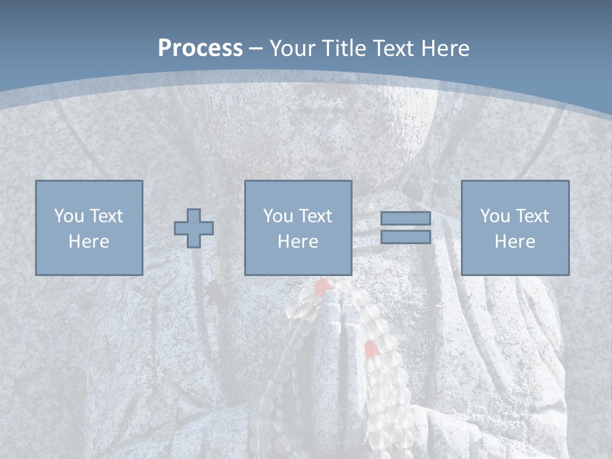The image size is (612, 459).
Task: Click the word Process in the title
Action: click(x=200, y=48)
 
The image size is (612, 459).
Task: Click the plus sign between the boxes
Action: click(x=194, y=228)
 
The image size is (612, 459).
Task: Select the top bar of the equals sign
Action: click(x=405, y=218)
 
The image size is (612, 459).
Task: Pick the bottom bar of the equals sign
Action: click(x=405, y=237)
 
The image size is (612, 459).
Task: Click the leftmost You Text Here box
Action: click(x=89, y=228)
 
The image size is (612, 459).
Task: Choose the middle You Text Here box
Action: click(x=298, y=228)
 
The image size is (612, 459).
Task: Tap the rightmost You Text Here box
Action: click(x=514, y=228)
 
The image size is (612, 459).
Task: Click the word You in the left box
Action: click(x=68, y=216)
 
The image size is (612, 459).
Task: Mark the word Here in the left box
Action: click(x=89, y=242)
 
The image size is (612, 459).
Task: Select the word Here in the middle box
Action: click(x=298, y=242)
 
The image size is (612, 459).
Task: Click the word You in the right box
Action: click(x=494, y=216)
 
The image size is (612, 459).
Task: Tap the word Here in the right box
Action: click(x=514, y=242)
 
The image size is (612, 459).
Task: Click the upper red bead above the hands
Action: click(x=323, y=285)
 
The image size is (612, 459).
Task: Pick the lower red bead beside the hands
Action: click(x=370, y=349)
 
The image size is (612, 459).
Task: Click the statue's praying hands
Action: click(x=338, y=338)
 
